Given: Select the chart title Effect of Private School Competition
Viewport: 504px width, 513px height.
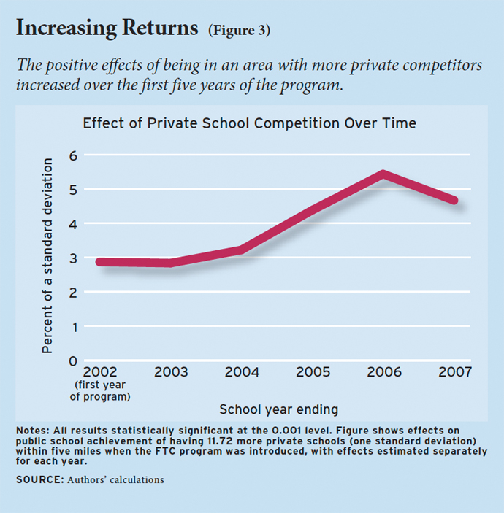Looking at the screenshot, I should (x=249, y=123).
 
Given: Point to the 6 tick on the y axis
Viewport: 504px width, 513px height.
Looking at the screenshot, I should (x=72, y=155).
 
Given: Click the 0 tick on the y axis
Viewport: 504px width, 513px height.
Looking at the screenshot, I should (x=72, y=361).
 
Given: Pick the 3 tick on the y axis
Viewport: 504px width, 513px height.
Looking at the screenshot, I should (x=72, y=258).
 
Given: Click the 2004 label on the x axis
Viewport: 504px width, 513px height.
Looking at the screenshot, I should (x=242, y=372).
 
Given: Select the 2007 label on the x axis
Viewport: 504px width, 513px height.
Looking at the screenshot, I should (x=454, y=372).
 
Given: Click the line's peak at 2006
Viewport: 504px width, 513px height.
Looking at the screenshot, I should (x=383, y=174).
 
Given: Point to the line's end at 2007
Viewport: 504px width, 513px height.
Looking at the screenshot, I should (x=454, y=200).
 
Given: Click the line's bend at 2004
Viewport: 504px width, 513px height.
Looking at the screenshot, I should (x=241, y=250).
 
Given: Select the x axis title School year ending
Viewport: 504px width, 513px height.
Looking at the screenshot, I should (x=278, y=409).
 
